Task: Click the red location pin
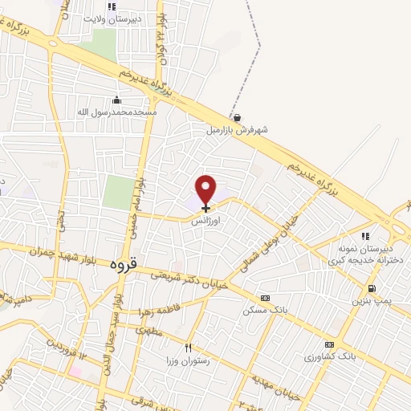pos(206,189)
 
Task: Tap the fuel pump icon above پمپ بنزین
pos(371,289)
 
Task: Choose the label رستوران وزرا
pos(189,361)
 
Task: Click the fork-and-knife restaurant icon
pos(189,348)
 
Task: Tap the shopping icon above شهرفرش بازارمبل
pos(236,117)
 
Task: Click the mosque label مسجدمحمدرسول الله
pos(118,112)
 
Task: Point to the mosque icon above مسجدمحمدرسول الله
pos(118,100)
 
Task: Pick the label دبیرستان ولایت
pos(112,17)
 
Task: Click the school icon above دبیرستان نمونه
pos(365,236)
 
